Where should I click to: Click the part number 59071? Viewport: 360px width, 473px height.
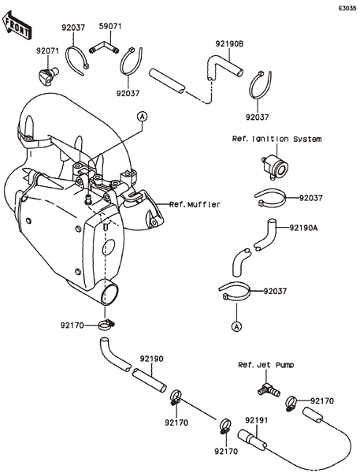click(110, 26)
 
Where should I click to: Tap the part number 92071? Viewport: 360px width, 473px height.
click(47, 50)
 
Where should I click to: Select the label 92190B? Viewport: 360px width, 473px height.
click(229, 44)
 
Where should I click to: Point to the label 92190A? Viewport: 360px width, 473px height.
click(303, 228)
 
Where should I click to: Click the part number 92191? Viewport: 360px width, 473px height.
click(256, 420)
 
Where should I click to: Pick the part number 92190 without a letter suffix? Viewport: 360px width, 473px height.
click(151, 359)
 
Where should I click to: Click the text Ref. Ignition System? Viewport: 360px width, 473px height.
click(276, 139)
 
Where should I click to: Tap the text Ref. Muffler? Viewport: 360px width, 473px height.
click(195, 204)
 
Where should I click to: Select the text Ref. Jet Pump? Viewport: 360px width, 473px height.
click(266, 365)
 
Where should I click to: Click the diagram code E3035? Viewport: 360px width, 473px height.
click(347, 8)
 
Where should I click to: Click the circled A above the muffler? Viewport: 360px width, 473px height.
click(143, 116)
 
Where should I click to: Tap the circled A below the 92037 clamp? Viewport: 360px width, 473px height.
click(237, 326)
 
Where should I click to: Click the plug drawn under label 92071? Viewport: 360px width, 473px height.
click(47, 75)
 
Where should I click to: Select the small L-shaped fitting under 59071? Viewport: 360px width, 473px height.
click(104, 47)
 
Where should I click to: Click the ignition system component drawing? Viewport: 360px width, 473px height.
click(275, 166)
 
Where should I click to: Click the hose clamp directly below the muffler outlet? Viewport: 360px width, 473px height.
click(106, 325)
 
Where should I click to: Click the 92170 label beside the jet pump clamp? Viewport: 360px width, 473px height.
click(322, 401)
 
